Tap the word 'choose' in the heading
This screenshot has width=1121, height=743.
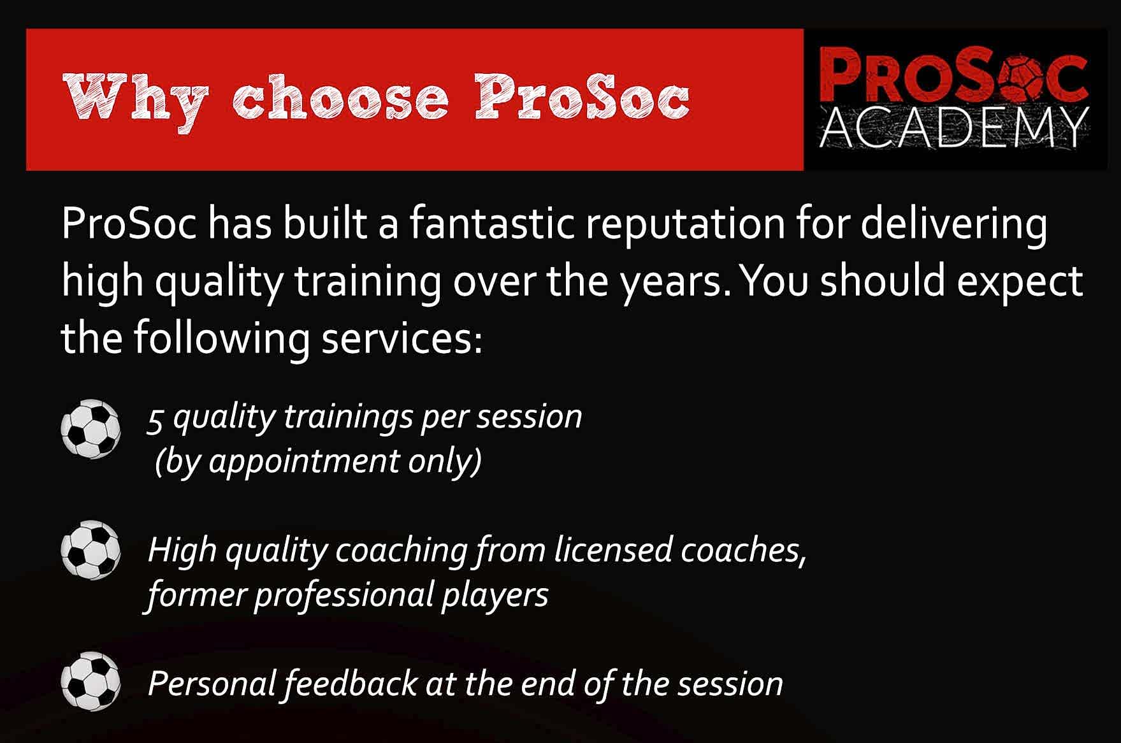click(341, 99)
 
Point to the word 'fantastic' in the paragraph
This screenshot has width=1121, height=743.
click(492, 224)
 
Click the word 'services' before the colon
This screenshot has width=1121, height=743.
click(396, 338)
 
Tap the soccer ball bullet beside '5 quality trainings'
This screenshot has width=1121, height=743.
click(90, 429)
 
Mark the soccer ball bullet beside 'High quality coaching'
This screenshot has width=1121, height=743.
click(90, 551)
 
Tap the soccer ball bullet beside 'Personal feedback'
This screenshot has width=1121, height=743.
click(90, 681)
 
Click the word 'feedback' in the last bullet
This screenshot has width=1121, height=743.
click(351, 684)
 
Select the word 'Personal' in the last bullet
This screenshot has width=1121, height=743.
click(212, 684)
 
